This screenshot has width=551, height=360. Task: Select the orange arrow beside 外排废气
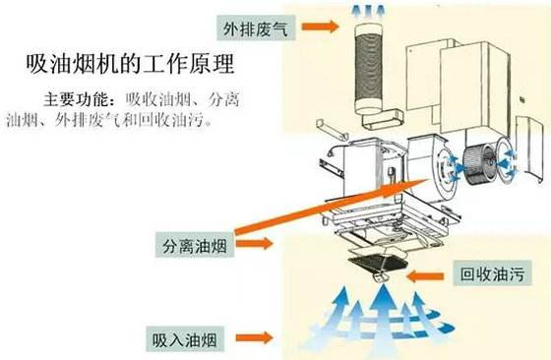320,30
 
